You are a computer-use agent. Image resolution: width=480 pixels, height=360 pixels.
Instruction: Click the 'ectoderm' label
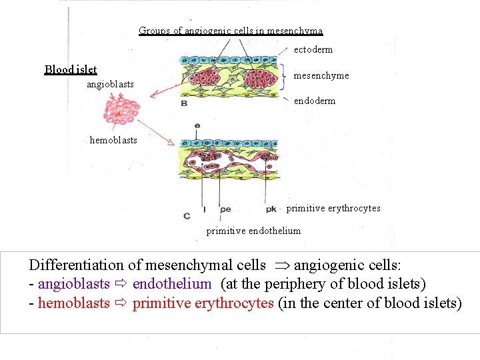tap(313, 49)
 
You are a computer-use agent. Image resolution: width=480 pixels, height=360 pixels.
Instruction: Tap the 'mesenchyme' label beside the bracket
tap(321, 75)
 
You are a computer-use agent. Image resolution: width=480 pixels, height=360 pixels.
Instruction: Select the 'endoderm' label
tap(315, 101)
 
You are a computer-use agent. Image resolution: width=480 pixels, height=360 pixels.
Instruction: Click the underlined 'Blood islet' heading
tap(71, 69)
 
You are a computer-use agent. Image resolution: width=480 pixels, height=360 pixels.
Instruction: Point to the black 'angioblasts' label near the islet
tap(110, 85)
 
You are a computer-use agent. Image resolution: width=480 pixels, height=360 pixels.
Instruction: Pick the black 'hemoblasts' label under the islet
tap(113, 140)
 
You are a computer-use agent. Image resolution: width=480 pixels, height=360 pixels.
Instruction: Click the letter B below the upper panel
tap(184, 103)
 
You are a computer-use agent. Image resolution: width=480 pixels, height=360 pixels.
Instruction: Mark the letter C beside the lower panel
tap(186, 215)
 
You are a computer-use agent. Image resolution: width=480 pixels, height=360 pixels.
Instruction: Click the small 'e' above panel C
tap(197, 125)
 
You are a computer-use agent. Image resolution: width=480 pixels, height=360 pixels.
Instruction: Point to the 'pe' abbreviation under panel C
tap(225, 209)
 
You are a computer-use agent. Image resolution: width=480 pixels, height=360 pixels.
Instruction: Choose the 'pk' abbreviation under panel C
tap(271, 209)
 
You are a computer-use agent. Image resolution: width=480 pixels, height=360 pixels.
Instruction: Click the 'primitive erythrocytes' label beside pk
tap(333, 208)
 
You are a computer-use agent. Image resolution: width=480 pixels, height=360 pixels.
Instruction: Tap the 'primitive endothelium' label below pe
tap(253, 231)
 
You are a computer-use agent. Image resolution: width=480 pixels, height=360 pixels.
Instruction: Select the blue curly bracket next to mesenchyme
tap(287, 75)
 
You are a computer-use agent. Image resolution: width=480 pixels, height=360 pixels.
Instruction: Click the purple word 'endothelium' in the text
tap(172, 283)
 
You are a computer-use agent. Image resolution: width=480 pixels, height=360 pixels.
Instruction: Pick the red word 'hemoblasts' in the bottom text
tap(73, 303)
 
